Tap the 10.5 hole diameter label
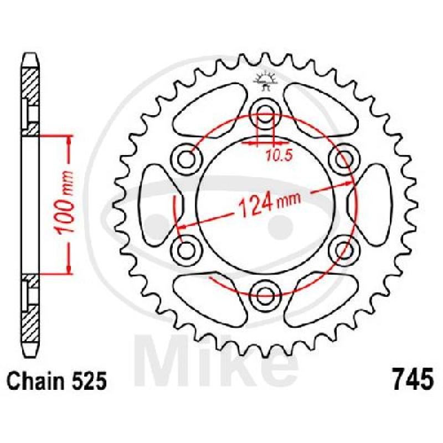coord(279,156)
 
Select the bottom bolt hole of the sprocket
coord(265,296)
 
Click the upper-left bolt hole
coord(186,159)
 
